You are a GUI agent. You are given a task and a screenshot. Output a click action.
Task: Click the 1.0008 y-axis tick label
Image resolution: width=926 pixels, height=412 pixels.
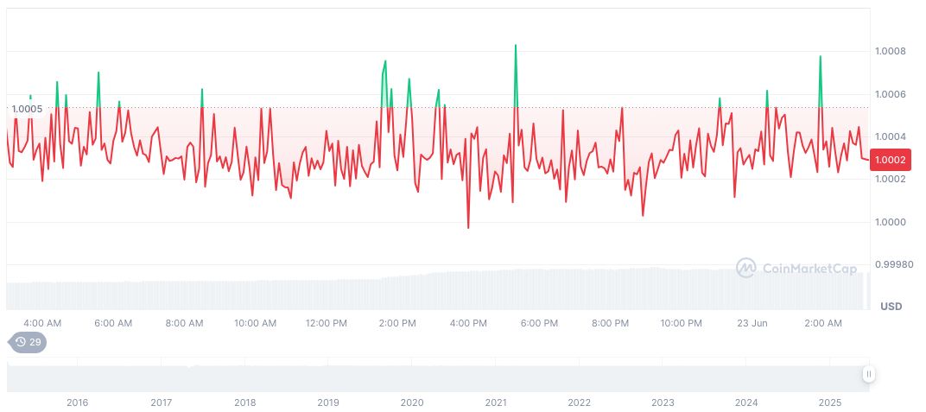click(889, 51)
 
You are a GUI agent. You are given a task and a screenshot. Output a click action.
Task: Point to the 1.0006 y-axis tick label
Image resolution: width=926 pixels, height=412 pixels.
click(889, 94)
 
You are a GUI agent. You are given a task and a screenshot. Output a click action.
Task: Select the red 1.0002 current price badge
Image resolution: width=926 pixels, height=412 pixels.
click(890, 159)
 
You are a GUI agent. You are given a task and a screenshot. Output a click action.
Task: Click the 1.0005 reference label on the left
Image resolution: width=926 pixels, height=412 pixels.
click(27, 108)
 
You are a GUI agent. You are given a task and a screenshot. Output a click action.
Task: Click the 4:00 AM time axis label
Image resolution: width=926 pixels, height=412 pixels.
click(42, 323)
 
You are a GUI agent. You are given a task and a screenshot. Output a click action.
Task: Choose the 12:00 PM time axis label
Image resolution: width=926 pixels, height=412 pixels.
click(327, 323)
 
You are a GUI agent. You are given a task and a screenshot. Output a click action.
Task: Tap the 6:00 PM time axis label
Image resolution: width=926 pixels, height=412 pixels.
click(539, 323)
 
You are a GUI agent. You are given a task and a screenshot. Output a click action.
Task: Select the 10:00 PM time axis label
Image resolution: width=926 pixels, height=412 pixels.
click(681, 323)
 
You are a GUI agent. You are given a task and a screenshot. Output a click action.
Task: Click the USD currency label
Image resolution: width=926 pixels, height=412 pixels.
click(891, 307)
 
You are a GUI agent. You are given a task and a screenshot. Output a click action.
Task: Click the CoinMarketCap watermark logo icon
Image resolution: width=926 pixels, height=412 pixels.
click(745, 268)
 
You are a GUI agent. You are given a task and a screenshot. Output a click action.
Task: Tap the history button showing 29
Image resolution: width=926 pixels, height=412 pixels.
click(28, 342)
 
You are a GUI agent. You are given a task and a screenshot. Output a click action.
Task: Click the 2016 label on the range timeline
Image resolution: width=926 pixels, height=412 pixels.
click(77, 402)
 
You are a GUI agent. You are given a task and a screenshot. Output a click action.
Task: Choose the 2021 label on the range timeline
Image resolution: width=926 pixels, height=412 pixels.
click(496, 402)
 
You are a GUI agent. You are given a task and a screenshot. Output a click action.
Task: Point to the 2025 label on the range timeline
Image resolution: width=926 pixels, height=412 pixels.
click(830, 402)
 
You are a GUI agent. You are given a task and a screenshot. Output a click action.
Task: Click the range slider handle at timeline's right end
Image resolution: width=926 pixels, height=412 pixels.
click(868, 374)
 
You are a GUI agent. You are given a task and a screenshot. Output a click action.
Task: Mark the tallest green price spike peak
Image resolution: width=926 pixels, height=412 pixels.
click(516, 45)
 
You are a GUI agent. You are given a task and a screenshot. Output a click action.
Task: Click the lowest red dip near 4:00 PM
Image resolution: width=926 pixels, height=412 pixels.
click(468, 228)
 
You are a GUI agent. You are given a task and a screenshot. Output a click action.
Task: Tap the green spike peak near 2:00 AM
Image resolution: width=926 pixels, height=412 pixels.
click(820, 56)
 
